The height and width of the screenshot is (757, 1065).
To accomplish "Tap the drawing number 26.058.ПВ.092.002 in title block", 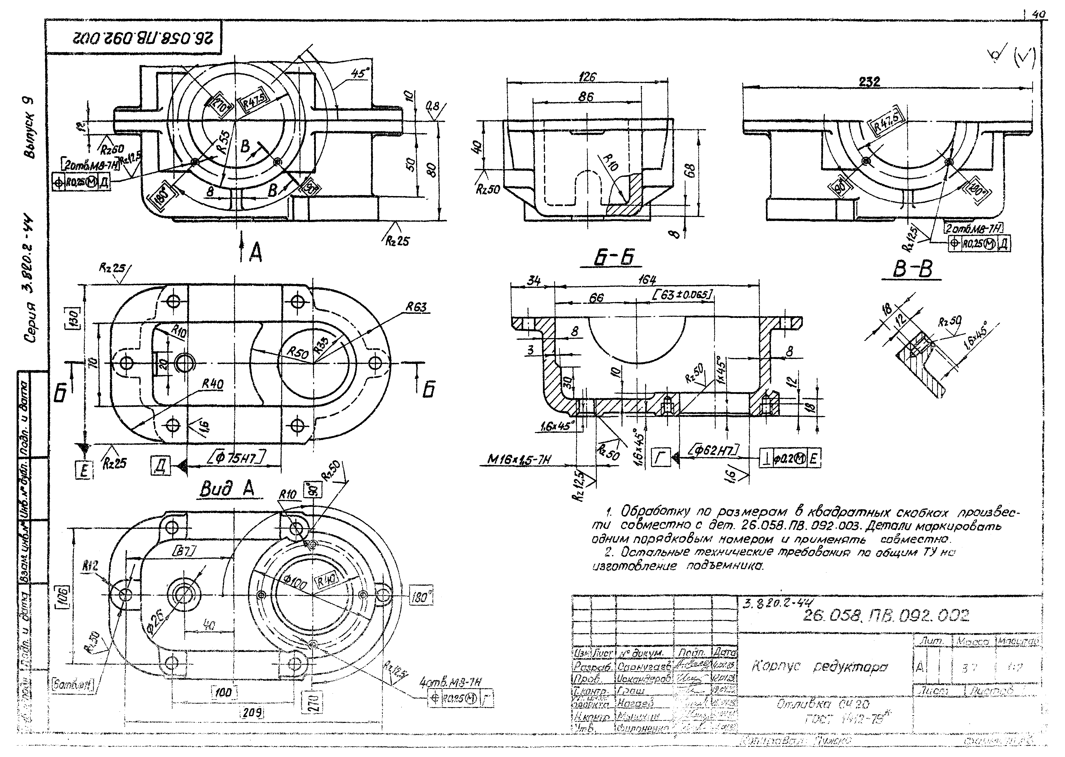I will coord(886,616).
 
